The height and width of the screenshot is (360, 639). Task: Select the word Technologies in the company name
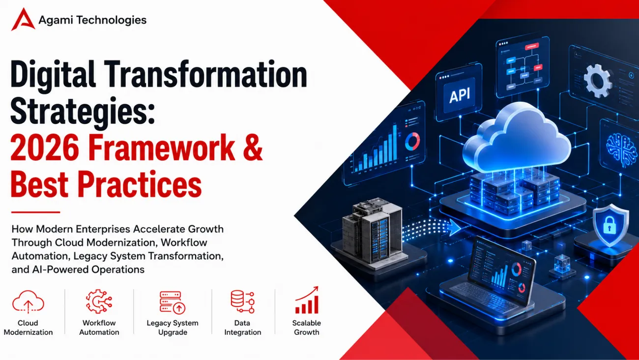(112, 20)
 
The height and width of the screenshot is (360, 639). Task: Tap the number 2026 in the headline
(45, 148)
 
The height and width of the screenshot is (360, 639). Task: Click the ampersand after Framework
(253, 148)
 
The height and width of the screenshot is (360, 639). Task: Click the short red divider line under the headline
(36, 212)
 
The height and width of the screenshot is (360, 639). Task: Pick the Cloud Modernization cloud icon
(28, 302)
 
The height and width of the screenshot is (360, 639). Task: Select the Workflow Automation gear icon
(99, 301)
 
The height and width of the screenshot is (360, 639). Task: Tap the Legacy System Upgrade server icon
(173, 302)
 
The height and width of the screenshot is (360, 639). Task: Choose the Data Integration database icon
(242, 302)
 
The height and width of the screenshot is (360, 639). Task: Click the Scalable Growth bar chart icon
(307, 300)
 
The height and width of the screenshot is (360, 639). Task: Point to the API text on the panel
(460, 95)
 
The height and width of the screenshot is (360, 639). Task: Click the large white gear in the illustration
(598, 81)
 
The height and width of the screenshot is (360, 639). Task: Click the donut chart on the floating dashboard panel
(412, 141)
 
